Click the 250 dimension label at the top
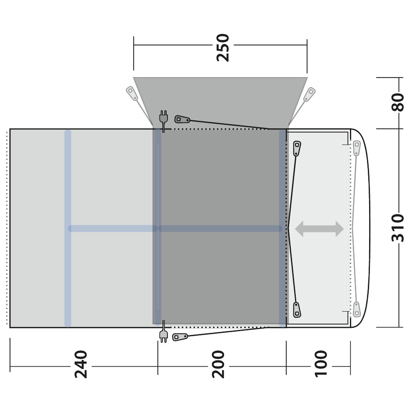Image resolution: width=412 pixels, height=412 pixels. (223, 47)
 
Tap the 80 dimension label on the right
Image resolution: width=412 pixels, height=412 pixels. (397, 102)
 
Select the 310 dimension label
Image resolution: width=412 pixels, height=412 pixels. (397, 228)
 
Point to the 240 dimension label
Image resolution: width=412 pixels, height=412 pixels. (81, 364)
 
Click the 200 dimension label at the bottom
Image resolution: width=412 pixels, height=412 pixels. (218, 364)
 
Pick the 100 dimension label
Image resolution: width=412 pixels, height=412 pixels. (321, 364)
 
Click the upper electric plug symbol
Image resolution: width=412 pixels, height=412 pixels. (163, 121)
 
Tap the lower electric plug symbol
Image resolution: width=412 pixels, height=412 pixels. (163, 332)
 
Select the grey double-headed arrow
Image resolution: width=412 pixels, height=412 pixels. (319, 229)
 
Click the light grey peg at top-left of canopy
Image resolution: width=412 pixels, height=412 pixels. (132, 93)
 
